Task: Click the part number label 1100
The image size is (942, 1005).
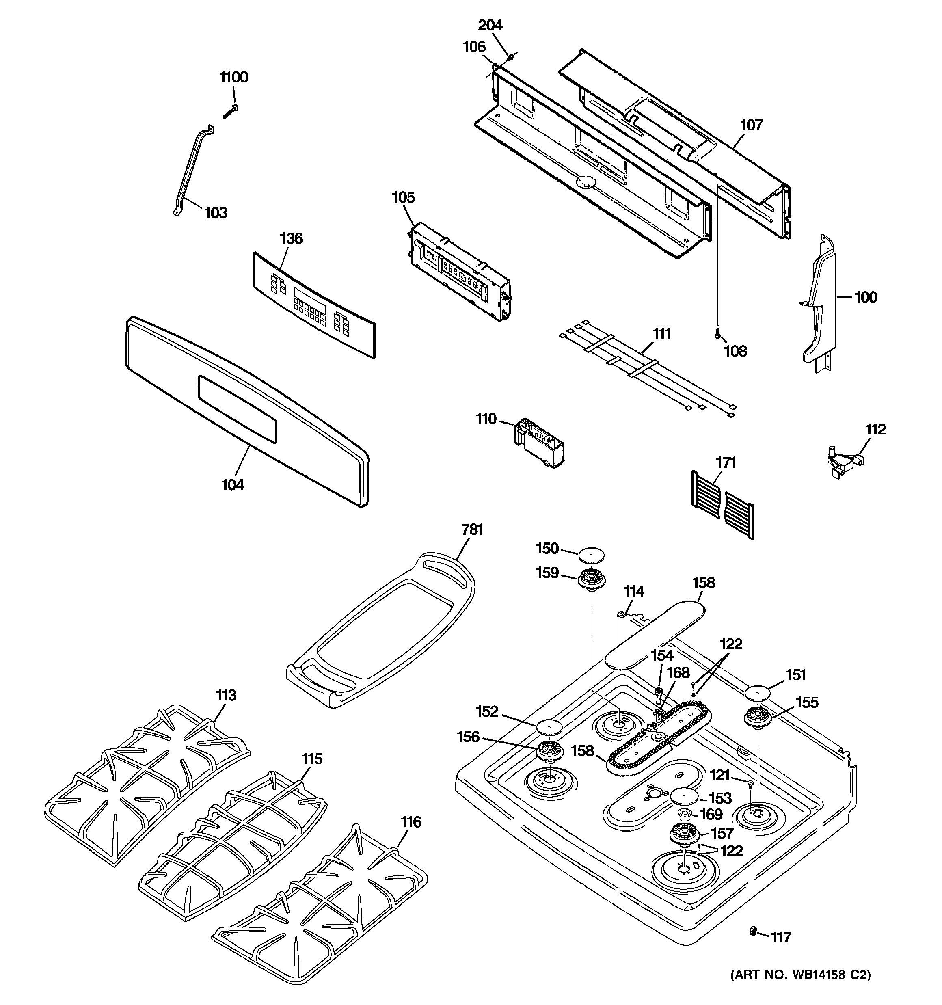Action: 233,77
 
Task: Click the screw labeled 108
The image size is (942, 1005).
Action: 717,333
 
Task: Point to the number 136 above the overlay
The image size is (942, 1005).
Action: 291,239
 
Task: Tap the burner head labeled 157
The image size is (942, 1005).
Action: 685,834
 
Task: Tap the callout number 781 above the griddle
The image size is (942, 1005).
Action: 472,530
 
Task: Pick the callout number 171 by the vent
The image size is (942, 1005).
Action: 725,463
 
